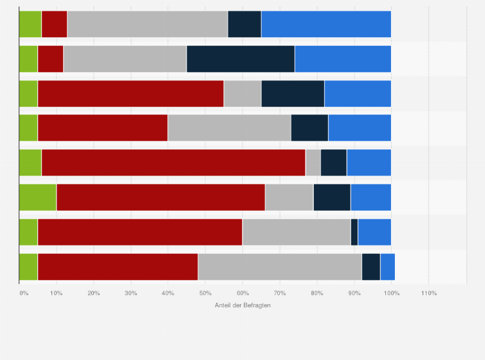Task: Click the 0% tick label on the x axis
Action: click(x=24, y=293)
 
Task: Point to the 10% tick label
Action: click(x=56, y=293)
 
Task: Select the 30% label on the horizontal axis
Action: click(x=131, y=293)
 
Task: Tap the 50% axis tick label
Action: click(x=205, y=293)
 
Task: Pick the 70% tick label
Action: click(x=280, y=293)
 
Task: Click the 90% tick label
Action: click(x=354, y=293)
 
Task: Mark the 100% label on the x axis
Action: click(x=391, y=293)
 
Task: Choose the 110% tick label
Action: click(x=428, y=293)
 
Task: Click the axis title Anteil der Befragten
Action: click(x=243, y=305)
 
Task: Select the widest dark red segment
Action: click(x=173, y=163)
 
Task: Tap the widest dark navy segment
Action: click(x=241, y=59)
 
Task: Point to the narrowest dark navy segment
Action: click(x=354, y=232)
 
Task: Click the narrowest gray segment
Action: click(x=313, y=163)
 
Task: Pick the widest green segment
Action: click(x=38, y=197)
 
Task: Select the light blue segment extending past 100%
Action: click(x=387, y=267)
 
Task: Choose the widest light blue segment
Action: click(x=326, y=24)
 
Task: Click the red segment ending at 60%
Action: click(x=140, y=232)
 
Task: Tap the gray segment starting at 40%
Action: click(x=229, y=128)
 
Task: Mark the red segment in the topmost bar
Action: click(x=54, y=24)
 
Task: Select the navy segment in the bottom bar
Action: click(x=371, y=267)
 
